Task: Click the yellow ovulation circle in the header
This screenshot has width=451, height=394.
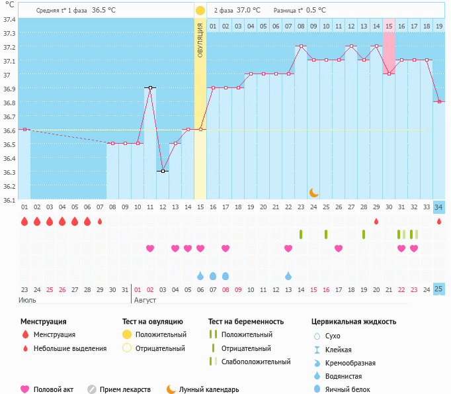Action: [x=200, y=11]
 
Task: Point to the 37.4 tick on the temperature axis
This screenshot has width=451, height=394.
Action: [x=9, y=19]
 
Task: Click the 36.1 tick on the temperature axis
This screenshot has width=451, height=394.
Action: [x=9, y=199]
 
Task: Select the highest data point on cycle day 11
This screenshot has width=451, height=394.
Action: [x=150, y=87]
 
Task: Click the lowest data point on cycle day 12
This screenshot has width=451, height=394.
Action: [x=163, y=171]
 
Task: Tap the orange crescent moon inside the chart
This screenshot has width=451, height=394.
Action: [x=313, y=192]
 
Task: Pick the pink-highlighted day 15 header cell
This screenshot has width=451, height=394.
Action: [x=389, y=26]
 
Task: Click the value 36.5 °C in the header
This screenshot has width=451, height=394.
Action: [x=104, y=11]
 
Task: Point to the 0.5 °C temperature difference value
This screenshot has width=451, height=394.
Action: [x=316, y=11]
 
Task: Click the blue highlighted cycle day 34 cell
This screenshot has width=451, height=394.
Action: [x=439, y=207]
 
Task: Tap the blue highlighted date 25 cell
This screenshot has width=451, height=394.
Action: [x=439, y=289]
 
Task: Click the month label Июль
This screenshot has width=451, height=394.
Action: [x=28, y=300]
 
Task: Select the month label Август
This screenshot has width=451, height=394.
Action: [x=145, y=300]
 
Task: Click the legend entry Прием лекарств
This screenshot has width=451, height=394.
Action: [x=125, y=390]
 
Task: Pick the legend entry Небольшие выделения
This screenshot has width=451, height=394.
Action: [x=69, y=348]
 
